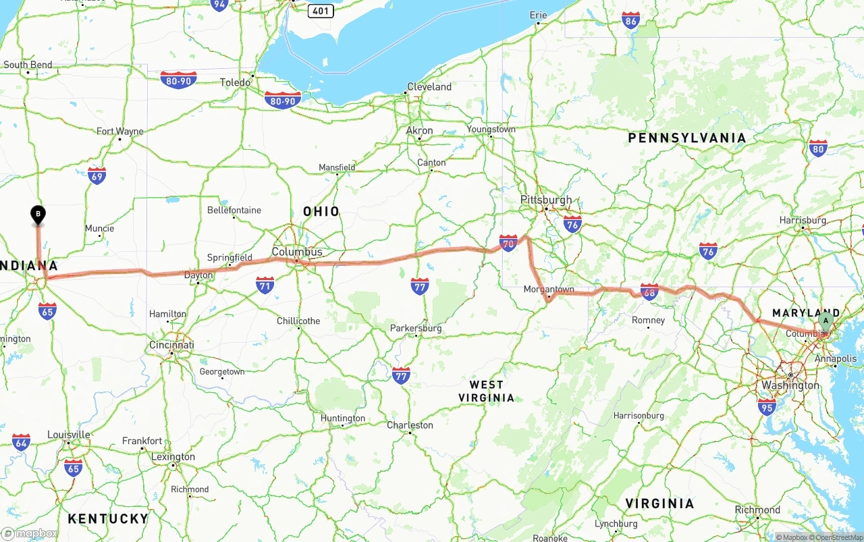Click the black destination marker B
click(x=38, y=215)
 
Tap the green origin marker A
click(x=826, y=321)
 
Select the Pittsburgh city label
click(x=545, y=200)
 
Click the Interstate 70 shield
click(x=508, y=243)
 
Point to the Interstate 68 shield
click(x=649, y=291)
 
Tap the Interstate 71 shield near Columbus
click(x=265, y=285)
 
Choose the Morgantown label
click(x=549, y=290)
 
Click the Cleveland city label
click(x=429, y=87)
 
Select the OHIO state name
click(x=321, y=211)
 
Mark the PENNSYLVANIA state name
click(x=687, y=138)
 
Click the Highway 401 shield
click(x=321, y=11)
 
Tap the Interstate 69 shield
click(x=97, y=175)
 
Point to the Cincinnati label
click(x=171, y=345)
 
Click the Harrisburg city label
click(x=803, y=220)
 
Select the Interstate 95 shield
click(x=766, y=406)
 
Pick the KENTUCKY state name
click(x=108, y=518)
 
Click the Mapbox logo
click(x=30, y=533)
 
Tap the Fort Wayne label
click(x=119, y=131)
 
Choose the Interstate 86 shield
click(x=630, y=20)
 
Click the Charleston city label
click(x=410, y=425)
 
